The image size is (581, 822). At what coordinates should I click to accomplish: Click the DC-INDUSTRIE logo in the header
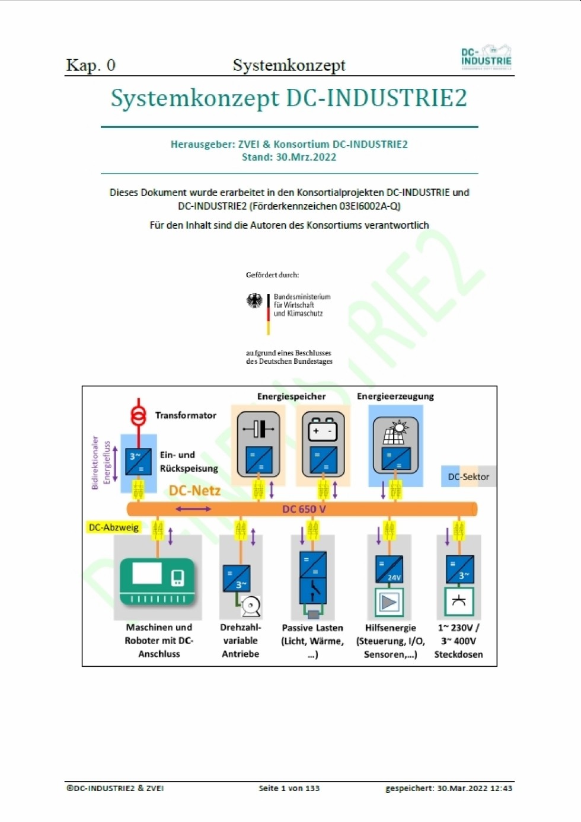pyautogui.click(x=486, y=57)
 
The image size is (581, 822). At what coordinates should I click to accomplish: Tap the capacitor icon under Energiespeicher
pyautogui.click(x=258, y=428)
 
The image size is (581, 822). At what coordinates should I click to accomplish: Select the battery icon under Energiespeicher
pyautogui.click(x=323, y=429)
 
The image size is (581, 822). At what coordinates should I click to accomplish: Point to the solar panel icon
pyautogui.click(x=395, y=432)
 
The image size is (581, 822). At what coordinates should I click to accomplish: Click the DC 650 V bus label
pyautogui.click(x=304, y=509)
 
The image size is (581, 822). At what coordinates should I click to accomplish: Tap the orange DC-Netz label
pyautogui.click(x=194, y=491)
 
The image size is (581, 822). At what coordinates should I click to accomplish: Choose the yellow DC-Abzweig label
pyautogui.click(x=113, y=527)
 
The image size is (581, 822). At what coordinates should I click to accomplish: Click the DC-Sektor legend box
pyautogui.click(x=468, y=476)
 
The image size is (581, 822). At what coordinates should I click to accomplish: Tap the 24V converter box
pyautogui.click(x=389, y=570)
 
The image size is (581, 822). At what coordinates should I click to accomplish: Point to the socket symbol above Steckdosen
pyautogui.click(x=459, y=602)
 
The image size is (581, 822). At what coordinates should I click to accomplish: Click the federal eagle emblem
pyautogui.click(x=254, y=301)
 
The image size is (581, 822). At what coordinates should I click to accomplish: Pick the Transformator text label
pyautogui.click(x=186, y=415)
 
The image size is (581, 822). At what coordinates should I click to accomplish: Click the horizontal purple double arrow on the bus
pyautogui.click(x=193, y=509)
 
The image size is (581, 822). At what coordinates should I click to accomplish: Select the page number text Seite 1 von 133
pyautogui.click(x=289, y=788)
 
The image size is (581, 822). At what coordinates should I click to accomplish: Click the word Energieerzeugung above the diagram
pyautogui.click(x=395, y=396)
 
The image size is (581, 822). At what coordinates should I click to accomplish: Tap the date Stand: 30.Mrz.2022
pyautogui.click(x=289, y=157)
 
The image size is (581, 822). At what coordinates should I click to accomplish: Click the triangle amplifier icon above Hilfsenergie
pyautogui.click(x=389, y=602)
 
